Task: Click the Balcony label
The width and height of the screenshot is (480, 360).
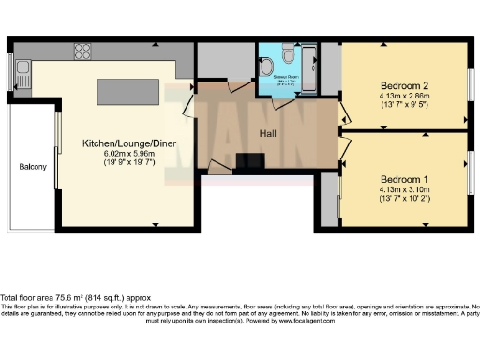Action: point(33,167)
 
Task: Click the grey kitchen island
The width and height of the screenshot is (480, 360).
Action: point(126,91)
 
